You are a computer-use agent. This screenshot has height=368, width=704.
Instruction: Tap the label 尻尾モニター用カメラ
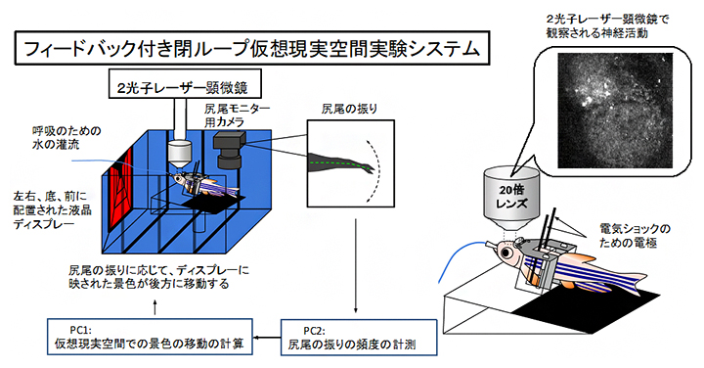coord(234,114)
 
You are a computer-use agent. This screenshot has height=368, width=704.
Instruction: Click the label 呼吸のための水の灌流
coord(66,137)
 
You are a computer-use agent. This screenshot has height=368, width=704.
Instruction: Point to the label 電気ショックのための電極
coord(640,234)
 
